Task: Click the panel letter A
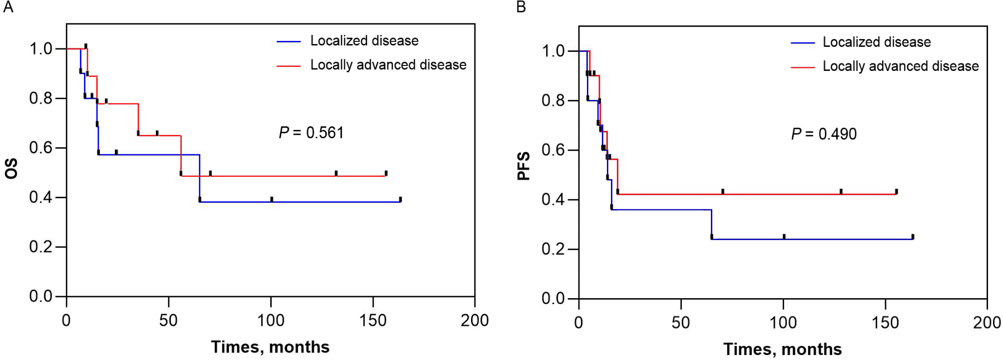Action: pos(8,7)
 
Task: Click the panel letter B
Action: pos(521,7)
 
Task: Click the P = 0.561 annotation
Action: pos(311,133)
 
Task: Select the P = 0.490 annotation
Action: pos(824,134)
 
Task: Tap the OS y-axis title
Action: pos(11,168)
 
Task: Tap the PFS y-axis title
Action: pos(523,166)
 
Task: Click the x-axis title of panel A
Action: pos(270,347)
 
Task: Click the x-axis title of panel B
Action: pos(782,349)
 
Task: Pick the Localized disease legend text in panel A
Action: pos(364,41)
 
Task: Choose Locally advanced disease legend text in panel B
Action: pos(901,66)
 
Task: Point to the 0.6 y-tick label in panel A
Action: pos(40,148)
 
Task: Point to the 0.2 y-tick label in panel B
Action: pos(553,249)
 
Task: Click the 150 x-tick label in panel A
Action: pos(373,321)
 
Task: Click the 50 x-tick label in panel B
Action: pos(681,323)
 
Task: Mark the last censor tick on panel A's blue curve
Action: pos(400,199)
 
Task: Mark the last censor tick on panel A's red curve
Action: pos(386,173)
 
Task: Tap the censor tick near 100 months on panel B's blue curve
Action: pos(784,237)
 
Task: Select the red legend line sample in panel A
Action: pos(289,65)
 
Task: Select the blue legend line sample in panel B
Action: pos(803,43)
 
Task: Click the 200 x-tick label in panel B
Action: pos(987,323)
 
